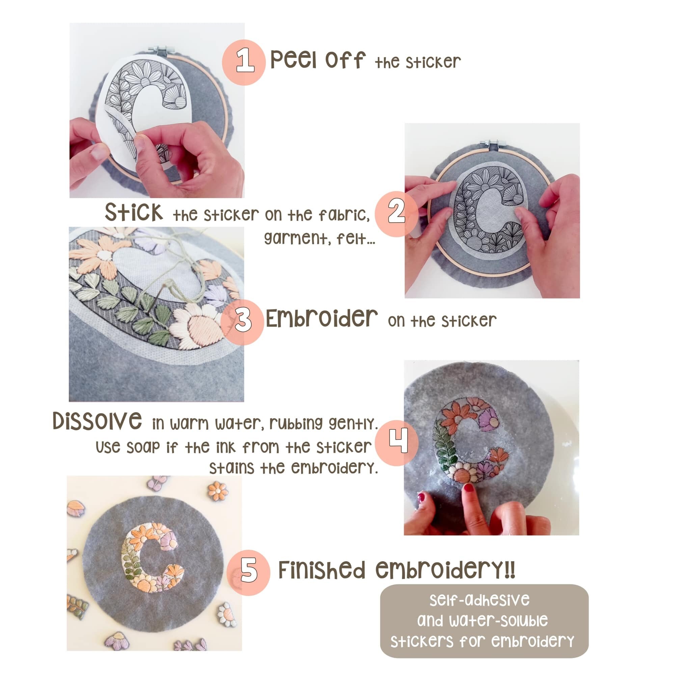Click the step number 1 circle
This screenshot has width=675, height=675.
pos(244,62)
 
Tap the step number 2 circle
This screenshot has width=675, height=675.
pos(396,214)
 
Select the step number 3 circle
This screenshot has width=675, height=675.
pos(242,321)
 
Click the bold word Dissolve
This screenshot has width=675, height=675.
pos(97,421)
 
